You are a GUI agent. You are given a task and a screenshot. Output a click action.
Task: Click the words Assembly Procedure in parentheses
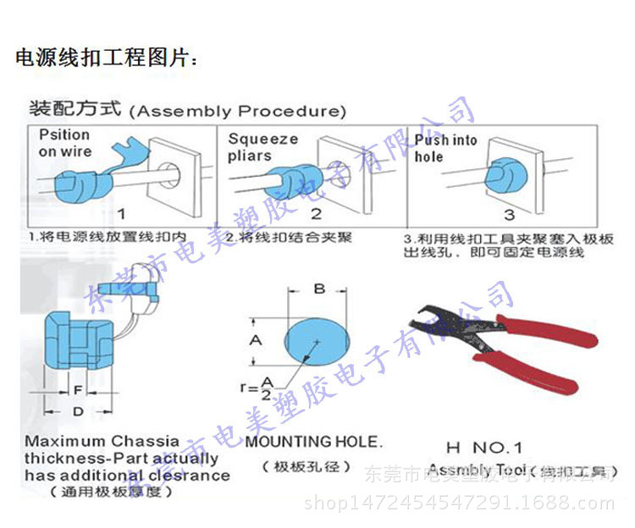[240, 111]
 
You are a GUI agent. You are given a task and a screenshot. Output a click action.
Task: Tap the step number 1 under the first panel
[122, 215]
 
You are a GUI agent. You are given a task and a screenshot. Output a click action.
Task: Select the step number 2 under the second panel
[316, 215]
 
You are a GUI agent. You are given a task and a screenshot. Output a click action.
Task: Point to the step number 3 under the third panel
[509, 215]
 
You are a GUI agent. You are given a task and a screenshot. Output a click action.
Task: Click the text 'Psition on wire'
[65, 143]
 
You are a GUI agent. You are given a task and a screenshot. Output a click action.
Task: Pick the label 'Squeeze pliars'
[262, 147]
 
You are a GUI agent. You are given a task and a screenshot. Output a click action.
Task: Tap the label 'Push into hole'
[445, 148]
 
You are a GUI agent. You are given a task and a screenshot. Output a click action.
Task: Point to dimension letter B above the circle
[319, 289]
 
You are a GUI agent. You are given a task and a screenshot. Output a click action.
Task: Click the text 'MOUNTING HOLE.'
[313, 441]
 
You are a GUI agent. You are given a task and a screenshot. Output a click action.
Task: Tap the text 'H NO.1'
[483, 448]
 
